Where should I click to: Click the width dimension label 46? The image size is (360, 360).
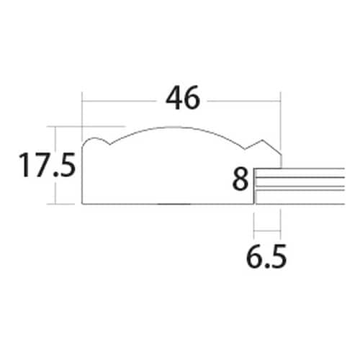coord(182,99)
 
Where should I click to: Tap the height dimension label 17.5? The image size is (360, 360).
coord(47,166)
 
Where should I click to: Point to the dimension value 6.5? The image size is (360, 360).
coord(267,254)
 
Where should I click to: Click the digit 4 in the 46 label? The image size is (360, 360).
coord(173,99)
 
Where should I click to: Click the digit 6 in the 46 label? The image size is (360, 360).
coord(192,99)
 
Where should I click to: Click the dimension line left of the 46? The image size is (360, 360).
coord(122,100)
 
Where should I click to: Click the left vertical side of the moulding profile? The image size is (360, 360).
coord(82,173)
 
